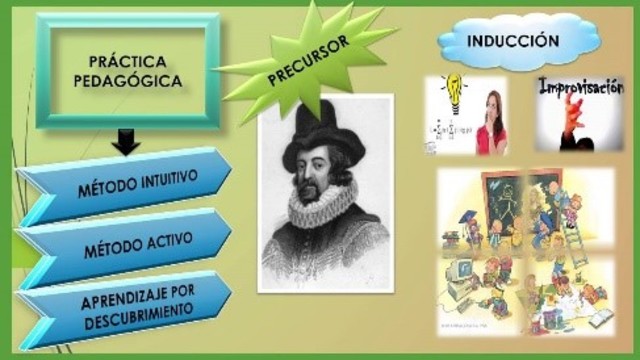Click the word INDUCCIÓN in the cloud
pos(511,41)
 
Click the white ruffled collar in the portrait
pos(323,206)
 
